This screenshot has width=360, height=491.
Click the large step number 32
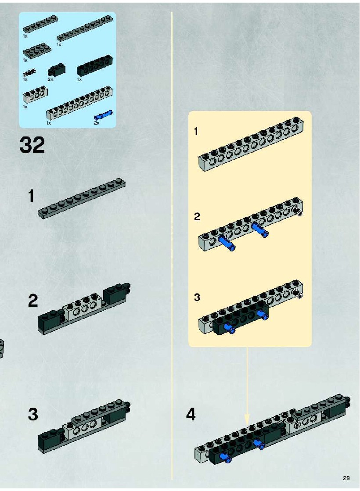click(32, 145)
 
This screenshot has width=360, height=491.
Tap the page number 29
click(346, 478)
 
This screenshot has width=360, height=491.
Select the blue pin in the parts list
click(103, 115)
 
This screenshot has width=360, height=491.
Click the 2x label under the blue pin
click(97, 123)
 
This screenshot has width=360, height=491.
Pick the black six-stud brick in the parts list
click(95, 65)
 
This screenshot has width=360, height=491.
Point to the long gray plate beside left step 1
click(82, 198)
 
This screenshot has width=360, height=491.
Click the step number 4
click(191, 415)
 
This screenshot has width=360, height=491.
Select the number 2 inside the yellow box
click(197, 217)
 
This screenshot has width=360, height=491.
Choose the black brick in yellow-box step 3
click(240, 319)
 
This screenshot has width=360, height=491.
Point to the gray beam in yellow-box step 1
click(251, 144)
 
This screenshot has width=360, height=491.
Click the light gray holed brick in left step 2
click(83, 307)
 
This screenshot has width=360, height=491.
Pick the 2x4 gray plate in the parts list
click(37, 52)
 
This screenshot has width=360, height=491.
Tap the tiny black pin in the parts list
click(29, 73)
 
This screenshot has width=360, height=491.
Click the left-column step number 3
click(33, 414)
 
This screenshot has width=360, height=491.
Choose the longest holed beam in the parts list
click(79, 104)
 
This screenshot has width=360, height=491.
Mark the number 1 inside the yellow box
click(196, 131)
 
